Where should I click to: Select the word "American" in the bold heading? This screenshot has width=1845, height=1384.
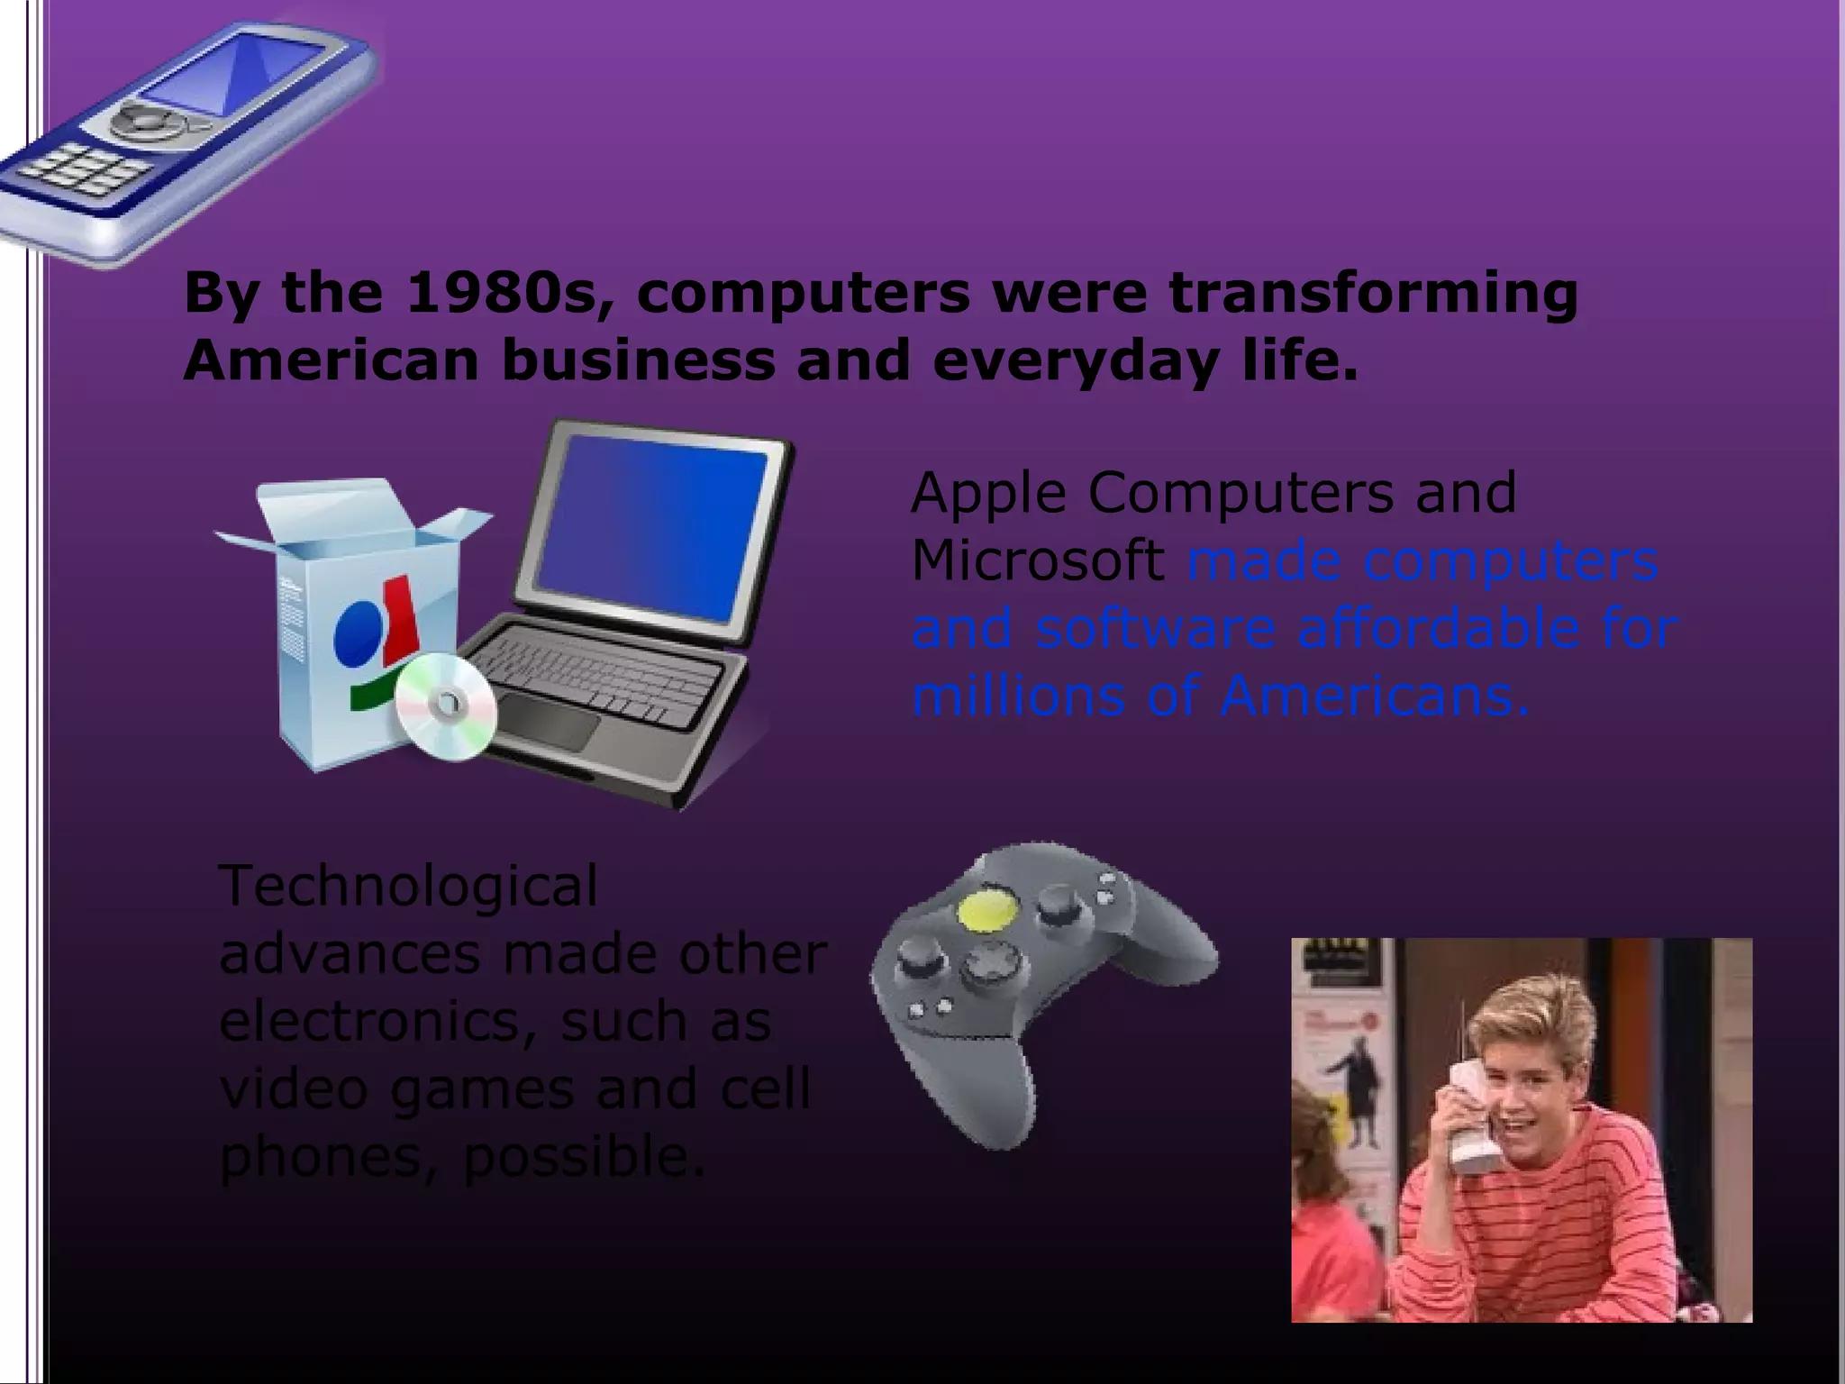point(331,361)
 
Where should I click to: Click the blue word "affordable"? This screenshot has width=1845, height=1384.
point(1439,628)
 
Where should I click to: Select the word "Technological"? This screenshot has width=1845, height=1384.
point(408,887)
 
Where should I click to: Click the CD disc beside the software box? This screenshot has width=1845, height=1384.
point(446,706)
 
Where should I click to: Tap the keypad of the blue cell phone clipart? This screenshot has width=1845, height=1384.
point(86,169)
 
